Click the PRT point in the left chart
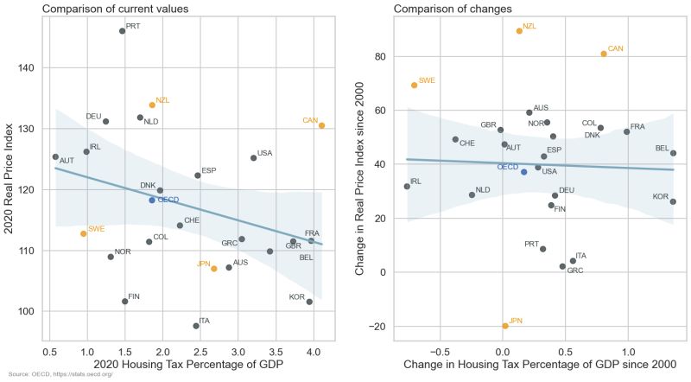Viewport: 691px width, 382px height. [122, 31]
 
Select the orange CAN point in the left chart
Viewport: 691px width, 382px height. [321, 125]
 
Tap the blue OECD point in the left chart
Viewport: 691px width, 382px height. [152, 200]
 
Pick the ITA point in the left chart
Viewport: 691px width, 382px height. [196, 326]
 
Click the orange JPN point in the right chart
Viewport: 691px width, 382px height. [505, 326]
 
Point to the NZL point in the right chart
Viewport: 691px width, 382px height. [519, 31]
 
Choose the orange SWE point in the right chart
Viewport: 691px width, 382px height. [415, 85]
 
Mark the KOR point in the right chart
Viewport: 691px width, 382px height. [673, 201]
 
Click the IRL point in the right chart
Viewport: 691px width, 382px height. [407, 187]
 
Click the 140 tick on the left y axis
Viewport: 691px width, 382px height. [26, 67]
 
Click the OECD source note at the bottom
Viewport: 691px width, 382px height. [60, 374]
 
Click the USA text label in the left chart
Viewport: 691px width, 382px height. [264, 153]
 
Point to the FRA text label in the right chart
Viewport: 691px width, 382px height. [637, 127]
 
